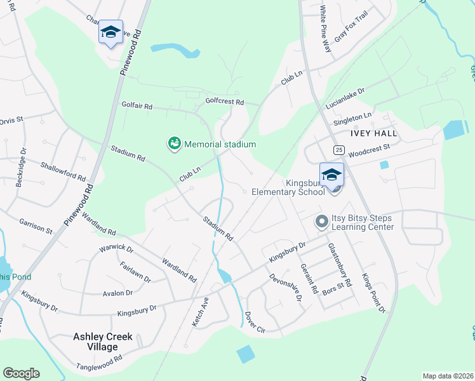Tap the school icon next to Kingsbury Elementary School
[x=331, y=175]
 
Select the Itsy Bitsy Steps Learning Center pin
[x=322, y=222]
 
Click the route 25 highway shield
[x=339, y=149]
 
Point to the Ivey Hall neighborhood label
[x=373, y=133]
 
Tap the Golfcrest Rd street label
[x=225, y=101]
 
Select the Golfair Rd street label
[x=137, y=107]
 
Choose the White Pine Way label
[x=325, y=29]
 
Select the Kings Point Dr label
[x=373, y=293]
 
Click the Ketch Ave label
[x=201, y=311]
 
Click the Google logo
[x=21, y=373]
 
